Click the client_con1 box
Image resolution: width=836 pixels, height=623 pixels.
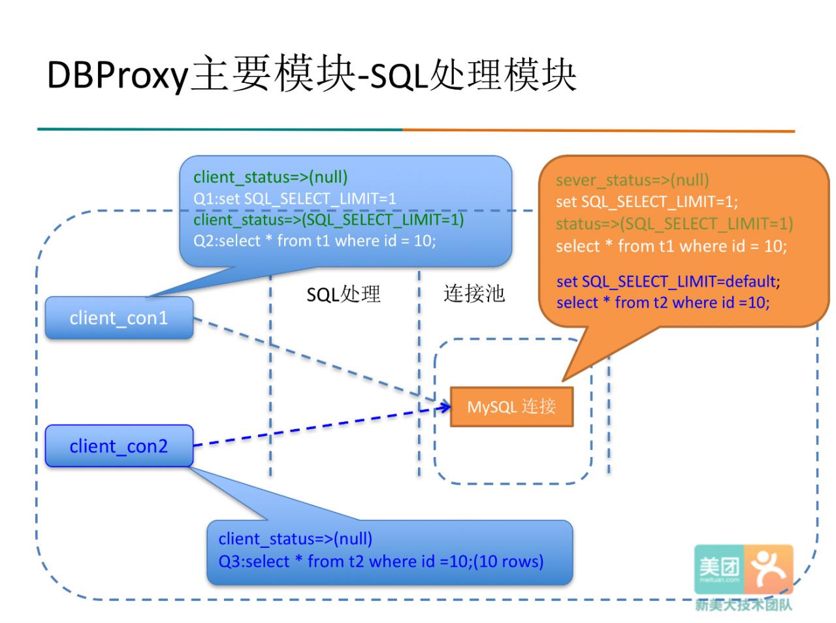click(x=119, y=317)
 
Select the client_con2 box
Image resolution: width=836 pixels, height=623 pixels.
click(x=119, y=445)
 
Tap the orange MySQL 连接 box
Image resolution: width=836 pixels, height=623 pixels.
click(x=511, y=407)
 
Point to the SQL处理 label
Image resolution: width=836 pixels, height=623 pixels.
click(x=343, y=294)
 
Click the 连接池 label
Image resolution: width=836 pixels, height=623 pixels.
click(x=474, y=294)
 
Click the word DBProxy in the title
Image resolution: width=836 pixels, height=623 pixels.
click(x=118, y=75)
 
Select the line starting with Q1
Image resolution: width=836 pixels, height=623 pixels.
click(x=295, y=199)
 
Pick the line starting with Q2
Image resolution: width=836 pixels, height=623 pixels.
click(x=315, y=241)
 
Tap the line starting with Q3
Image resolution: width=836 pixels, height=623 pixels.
click(x=381, y=562)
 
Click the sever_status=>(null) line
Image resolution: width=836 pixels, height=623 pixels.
click(x=632, y=180)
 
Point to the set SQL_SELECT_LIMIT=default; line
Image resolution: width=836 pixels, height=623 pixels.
click(x=668, y=282)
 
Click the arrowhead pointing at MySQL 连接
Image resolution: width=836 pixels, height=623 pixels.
click(x=445, y=407)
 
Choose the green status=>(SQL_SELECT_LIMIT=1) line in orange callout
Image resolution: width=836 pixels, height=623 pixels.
click(x=674, y=224)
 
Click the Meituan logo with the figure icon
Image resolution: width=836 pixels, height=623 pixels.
click(x=743, y=569)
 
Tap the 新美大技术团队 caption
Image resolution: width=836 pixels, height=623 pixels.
click(x=743, y=605)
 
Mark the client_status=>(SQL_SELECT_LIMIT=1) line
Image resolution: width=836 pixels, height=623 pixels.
click(x=329, y=220)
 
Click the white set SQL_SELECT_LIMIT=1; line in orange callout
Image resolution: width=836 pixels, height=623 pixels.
click(x=647, y=202)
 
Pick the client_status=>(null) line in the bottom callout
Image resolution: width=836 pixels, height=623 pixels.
click(x=295, y=539)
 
